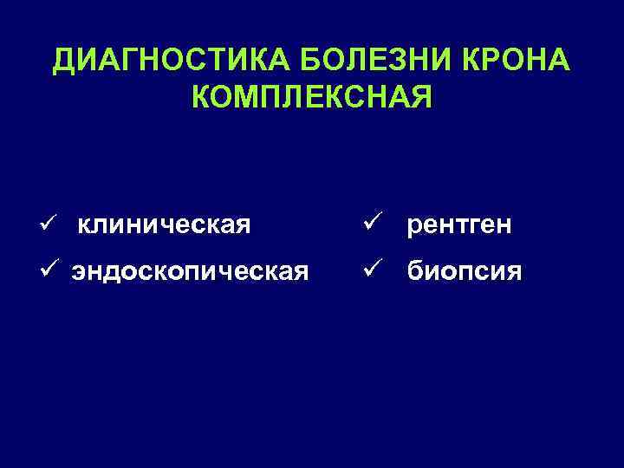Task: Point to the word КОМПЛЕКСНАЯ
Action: [311, 98]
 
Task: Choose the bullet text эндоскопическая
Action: [190, 273]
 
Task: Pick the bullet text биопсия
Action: [464, 273]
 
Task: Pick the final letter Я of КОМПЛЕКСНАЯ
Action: [419, 98]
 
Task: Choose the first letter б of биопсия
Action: [414, 272]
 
